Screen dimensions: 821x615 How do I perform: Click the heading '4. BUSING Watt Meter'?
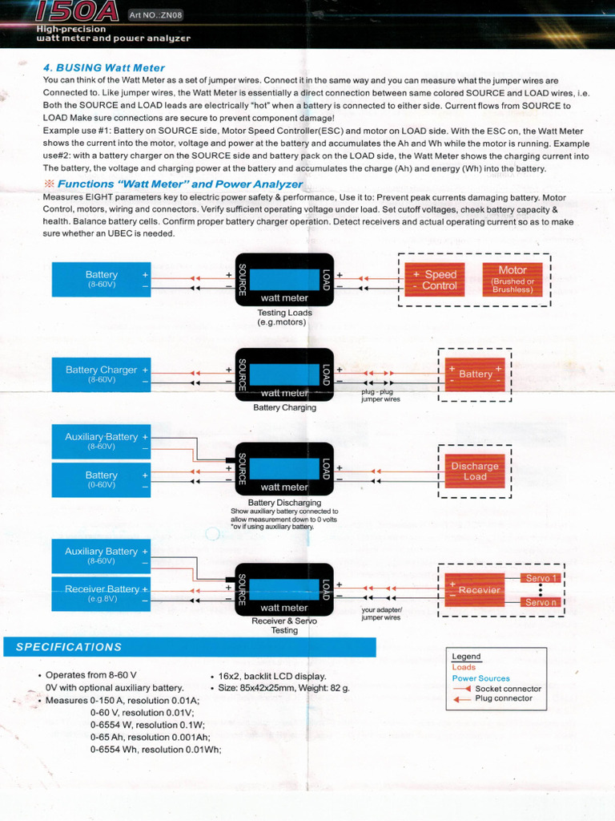(104, 68)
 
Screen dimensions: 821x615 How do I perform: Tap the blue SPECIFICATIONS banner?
(189, 647)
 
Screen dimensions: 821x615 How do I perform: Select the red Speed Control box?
(434, 280)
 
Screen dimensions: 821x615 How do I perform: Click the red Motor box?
(512, 280)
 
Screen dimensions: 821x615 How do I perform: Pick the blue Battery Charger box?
(102, 374)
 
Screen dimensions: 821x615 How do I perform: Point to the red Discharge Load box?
(475, 471)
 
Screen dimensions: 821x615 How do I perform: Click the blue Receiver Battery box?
(102, 593)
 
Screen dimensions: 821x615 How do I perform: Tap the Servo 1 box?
(541, 577)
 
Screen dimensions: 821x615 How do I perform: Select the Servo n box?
(541, 602)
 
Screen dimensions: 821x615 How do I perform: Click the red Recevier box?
(475, 590)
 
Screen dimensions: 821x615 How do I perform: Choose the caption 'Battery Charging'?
(284, 407)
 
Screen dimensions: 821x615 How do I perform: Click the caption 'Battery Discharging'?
(284, 503)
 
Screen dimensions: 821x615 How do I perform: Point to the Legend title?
(466, 657)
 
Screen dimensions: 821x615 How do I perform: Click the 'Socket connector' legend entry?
(508, 689)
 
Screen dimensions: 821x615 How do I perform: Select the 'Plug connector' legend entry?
(504, 698)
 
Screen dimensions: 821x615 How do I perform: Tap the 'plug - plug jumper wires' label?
(380, 395)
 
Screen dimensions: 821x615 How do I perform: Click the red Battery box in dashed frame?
(476, 374)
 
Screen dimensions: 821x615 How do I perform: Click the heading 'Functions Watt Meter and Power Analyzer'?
(180, 184)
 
